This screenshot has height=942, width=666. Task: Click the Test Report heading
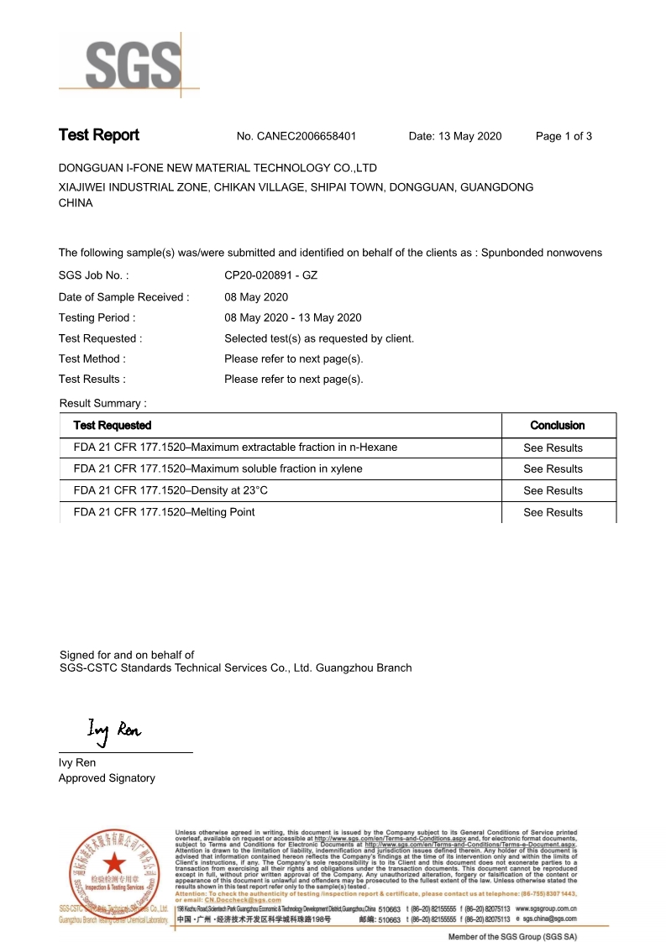[x=98, y=135]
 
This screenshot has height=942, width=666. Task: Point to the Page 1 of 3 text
[x=564, y=136]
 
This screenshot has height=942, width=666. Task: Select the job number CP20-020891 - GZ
[x=270, y=275]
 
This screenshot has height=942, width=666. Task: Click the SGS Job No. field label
[x=93, y=275]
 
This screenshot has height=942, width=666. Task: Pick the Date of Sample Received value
[x=256, y=297]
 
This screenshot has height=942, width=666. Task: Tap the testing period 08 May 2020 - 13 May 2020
[x=292, y=317]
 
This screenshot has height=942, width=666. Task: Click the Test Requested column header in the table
[x=113, y=426]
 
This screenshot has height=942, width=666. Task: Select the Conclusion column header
[x=558, y=426]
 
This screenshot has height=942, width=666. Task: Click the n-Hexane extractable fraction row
[x=235, y=447]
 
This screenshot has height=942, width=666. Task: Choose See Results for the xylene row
[x=553, y=469]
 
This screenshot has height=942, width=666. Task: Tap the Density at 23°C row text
[x=170, y=490]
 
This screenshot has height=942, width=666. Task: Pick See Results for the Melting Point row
[x=553, y=512]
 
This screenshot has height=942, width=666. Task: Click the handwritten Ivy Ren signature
[x=113, y=730]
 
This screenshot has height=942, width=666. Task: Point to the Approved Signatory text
[x=107, y=778]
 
